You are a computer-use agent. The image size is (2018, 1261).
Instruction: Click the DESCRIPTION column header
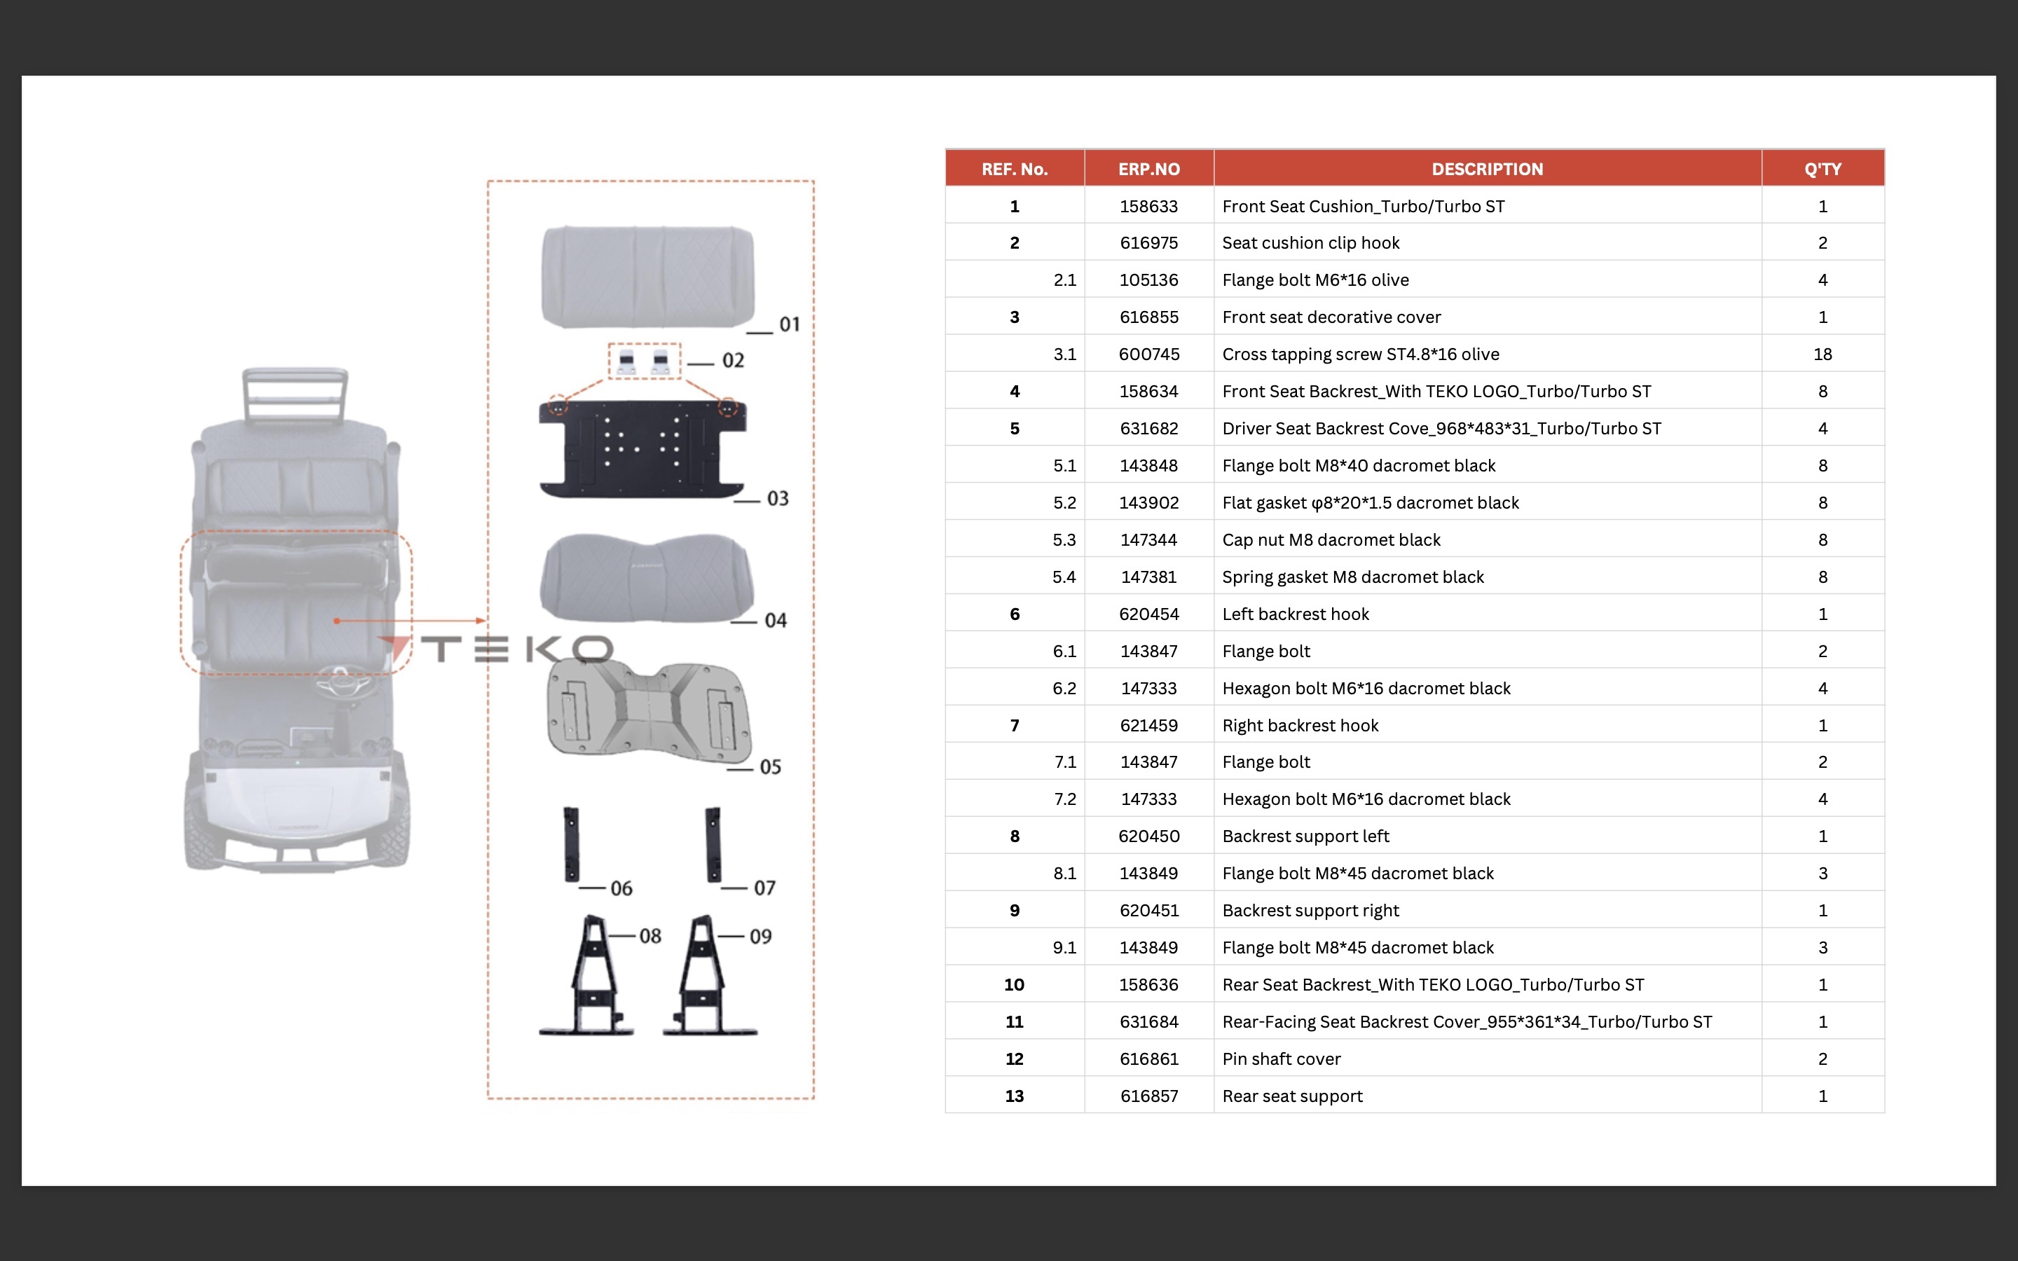[1487, 168]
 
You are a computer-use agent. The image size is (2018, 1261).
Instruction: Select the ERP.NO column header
[1148, 168]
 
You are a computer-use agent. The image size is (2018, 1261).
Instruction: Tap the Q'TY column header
[1822, 168]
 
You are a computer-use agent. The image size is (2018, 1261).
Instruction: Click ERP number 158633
[1148, 206]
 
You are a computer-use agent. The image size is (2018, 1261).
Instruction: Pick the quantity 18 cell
[1822, 354]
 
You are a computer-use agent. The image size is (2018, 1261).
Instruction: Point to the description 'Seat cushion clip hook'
[1310, 242]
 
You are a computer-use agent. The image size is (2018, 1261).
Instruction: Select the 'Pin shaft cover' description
[1281, 1059]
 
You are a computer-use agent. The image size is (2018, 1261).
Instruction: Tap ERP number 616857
[1148, 1096]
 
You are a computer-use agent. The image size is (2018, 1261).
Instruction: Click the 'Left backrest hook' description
[1295, 614]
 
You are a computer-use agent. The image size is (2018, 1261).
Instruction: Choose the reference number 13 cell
[1014, 1096]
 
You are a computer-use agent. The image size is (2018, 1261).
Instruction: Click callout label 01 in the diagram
[789, 324]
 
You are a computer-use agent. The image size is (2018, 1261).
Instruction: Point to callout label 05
[769, 767]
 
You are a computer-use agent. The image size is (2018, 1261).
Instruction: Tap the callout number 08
[650, 937]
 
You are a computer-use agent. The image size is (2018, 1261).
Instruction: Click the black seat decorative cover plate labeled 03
[642, 448]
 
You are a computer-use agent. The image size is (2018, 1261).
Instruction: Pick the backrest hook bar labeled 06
[571, 844]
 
